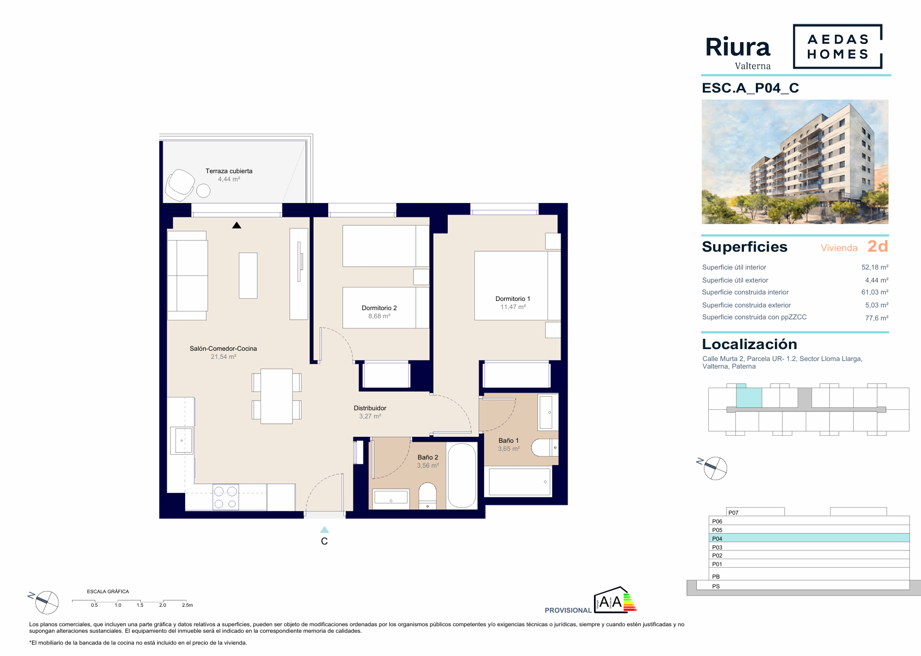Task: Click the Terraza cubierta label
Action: (x=228, y=171)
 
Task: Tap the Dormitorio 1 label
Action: (x=513, y=299)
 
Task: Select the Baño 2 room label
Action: (x=428, y=457)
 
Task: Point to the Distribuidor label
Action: (x=370, y=408)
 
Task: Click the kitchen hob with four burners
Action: (x=226, y=497)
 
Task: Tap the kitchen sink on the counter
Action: (x=181, y=440)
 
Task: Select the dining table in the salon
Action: (x=276, y=396)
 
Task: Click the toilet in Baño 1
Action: (x=544, y=448)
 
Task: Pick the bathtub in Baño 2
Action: (x=462, y=476)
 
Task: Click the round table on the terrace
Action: (x=203, y=191)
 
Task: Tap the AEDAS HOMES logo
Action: (x=838, y=47)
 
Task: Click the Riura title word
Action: (x=737, y=47)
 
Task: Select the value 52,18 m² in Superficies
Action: (x=875, y=267)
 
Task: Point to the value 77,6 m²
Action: (x=877, y=318)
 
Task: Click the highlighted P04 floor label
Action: (x=717, y=539)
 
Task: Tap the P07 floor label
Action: (x=733, y=513)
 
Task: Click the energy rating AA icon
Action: (x=615, y=600)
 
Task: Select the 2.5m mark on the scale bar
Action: (x=187, y=605)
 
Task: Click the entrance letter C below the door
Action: (x=324, y=541)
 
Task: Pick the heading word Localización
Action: (x=749, y=344)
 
